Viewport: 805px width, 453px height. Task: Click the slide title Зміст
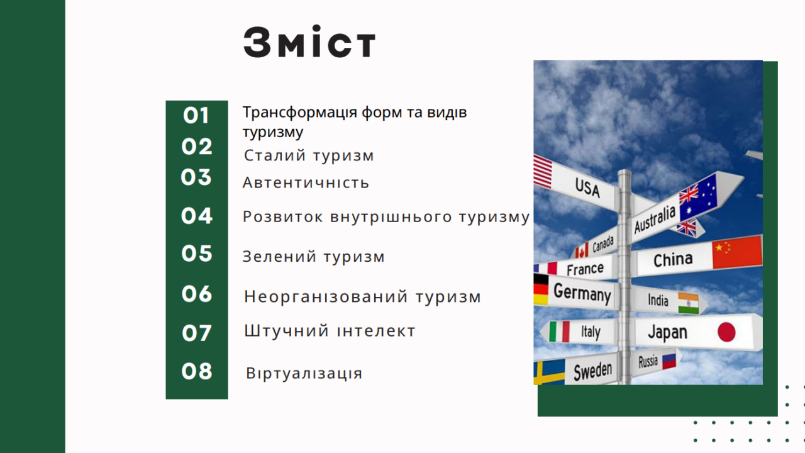[309, 42]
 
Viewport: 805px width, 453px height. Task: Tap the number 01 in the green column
[196, 116]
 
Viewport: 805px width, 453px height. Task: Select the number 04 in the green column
[197, 216]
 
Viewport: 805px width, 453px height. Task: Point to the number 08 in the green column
[197, 371]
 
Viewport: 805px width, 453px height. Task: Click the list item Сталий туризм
[309, 156]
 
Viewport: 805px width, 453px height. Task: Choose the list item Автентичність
[306, 182]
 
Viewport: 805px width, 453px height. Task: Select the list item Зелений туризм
[314, 257]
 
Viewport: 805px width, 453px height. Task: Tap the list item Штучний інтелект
[330, 331]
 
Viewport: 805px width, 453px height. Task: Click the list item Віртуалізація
[304, 373]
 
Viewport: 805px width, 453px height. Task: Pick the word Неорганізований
[326, 298]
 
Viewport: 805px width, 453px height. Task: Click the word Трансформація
[300, 113]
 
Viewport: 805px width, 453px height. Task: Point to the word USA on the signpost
[587, 187]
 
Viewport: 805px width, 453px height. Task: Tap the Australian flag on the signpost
[698, 198]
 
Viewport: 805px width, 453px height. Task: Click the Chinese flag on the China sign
[737, 252]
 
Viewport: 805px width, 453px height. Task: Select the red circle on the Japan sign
[726, 332]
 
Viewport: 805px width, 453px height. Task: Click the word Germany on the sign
[582, 293]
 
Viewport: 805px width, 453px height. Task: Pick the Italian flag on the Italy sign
[560, 332]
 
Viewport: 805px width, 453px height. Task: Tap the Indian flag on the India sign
[688, 303]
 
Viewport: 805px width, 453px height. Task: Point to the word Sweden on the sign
[592, 371]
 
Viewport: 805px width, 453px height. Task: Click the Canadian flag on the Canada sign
[582, 251]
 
